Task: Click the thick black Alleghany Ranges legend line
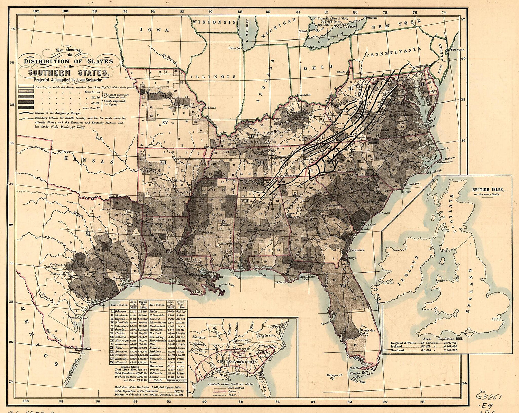26,113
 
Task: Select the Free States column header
157,305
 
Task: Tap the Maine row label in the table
154,312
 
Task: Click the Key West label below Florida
360,381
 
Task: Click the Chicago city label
234,49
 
